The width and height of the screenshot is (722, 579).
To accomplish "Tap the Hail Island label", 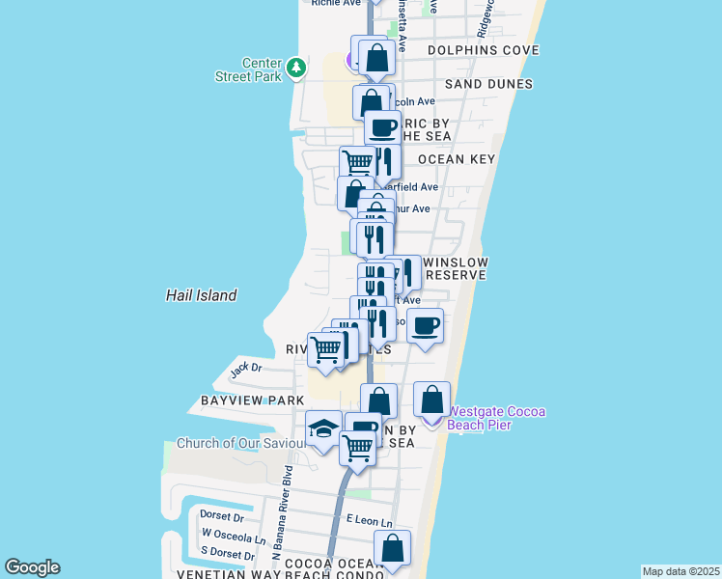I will [x=201, y=295].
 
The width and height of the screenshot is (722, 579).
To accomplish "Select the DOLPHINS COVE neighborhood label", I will [x=483, y=50].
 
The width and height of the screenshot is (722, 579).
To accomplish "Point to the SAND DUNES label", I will [x=488, y=84].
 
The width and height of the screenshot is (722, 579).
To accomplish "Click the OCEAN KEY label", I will [x=457, y=159].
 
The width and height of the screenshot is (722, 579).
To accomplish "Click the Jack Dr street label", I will [x=245, y=368].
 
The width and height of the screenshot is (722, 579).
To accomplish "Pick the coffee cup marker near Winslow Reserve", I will [x=425, y=326].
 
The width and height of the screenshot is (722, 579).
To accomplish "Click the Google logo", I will [x=32, y=567].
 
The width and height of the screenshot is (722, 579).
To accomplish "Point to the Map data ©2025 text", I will [x=680, y=571].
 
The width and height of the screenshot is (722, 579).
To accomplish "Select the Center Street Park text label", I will [x=262, y=69].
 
